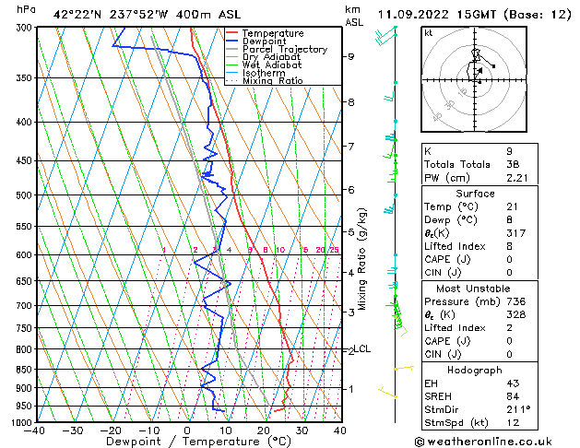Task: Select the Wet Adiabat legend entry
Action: (x=266, y=65)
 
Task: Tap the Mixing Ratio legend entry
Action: (x=272, y=81)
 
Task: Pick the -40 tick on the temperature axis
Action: (x=35, y=430)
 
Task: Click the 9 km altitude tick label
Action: (x=350, y=57)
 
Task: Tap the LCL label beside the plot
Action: (x=363, y=348)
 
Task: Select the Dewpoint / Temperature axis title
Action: (x=187, y=442)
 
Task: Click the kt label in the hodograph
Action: (x=429, y=32)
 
